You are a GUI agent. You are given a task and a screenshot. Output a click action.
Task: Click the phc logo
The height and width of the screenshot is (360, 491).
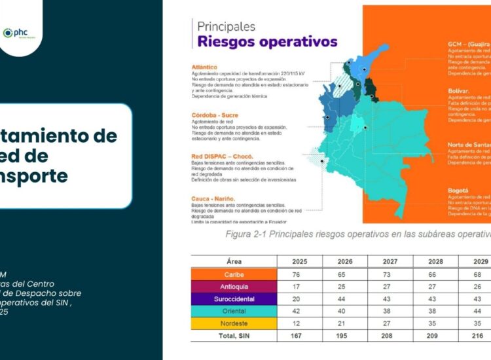click(20, 33)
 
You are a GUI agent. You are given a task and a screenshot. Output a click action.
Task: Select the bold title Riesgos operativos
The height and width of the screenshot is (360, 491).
click(268, 43)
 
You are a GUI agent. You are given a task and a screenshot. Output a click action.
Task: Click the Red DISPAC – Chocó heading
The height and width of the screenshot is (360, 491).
click(222, 156)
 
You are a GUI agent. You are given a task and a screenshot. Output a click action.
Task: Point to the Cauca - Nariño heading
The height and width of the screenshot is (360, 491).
click(213, 198)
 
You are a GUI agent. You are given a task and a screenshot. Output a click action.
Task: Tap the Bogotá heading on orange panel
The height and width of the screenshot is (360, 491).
click(458, 190)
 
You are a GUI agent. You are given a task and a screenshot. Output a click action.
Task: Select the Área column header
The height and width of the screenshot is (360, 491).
click(234, 261)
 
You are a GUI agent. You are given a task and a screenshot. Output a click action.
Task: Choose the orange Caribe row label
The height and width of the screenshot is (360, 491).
click(234, 274)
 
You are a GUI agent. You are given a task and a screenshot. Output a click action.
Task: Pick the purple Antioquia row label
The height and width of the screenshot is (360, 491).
click(234, 287)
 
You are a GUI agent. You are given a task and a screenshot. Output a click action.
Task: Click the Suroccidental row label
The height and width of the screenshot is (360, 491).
click(234, 299)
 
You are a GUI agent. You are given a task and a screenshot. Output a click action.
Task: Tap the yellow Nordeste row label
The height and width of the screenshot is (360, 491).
click(234, 324)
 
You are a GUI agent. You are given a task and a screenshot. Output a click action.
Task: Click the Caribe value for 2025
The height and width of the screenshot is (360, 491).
click(297, 274)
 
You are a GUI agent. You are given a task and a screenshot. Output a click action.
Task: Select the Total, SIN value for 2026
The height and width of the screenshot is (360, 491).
click(342, 336)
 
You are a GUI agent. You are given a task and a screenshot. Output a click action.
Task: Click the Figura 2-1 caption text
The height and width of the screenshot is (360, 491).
click(357, 234)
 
